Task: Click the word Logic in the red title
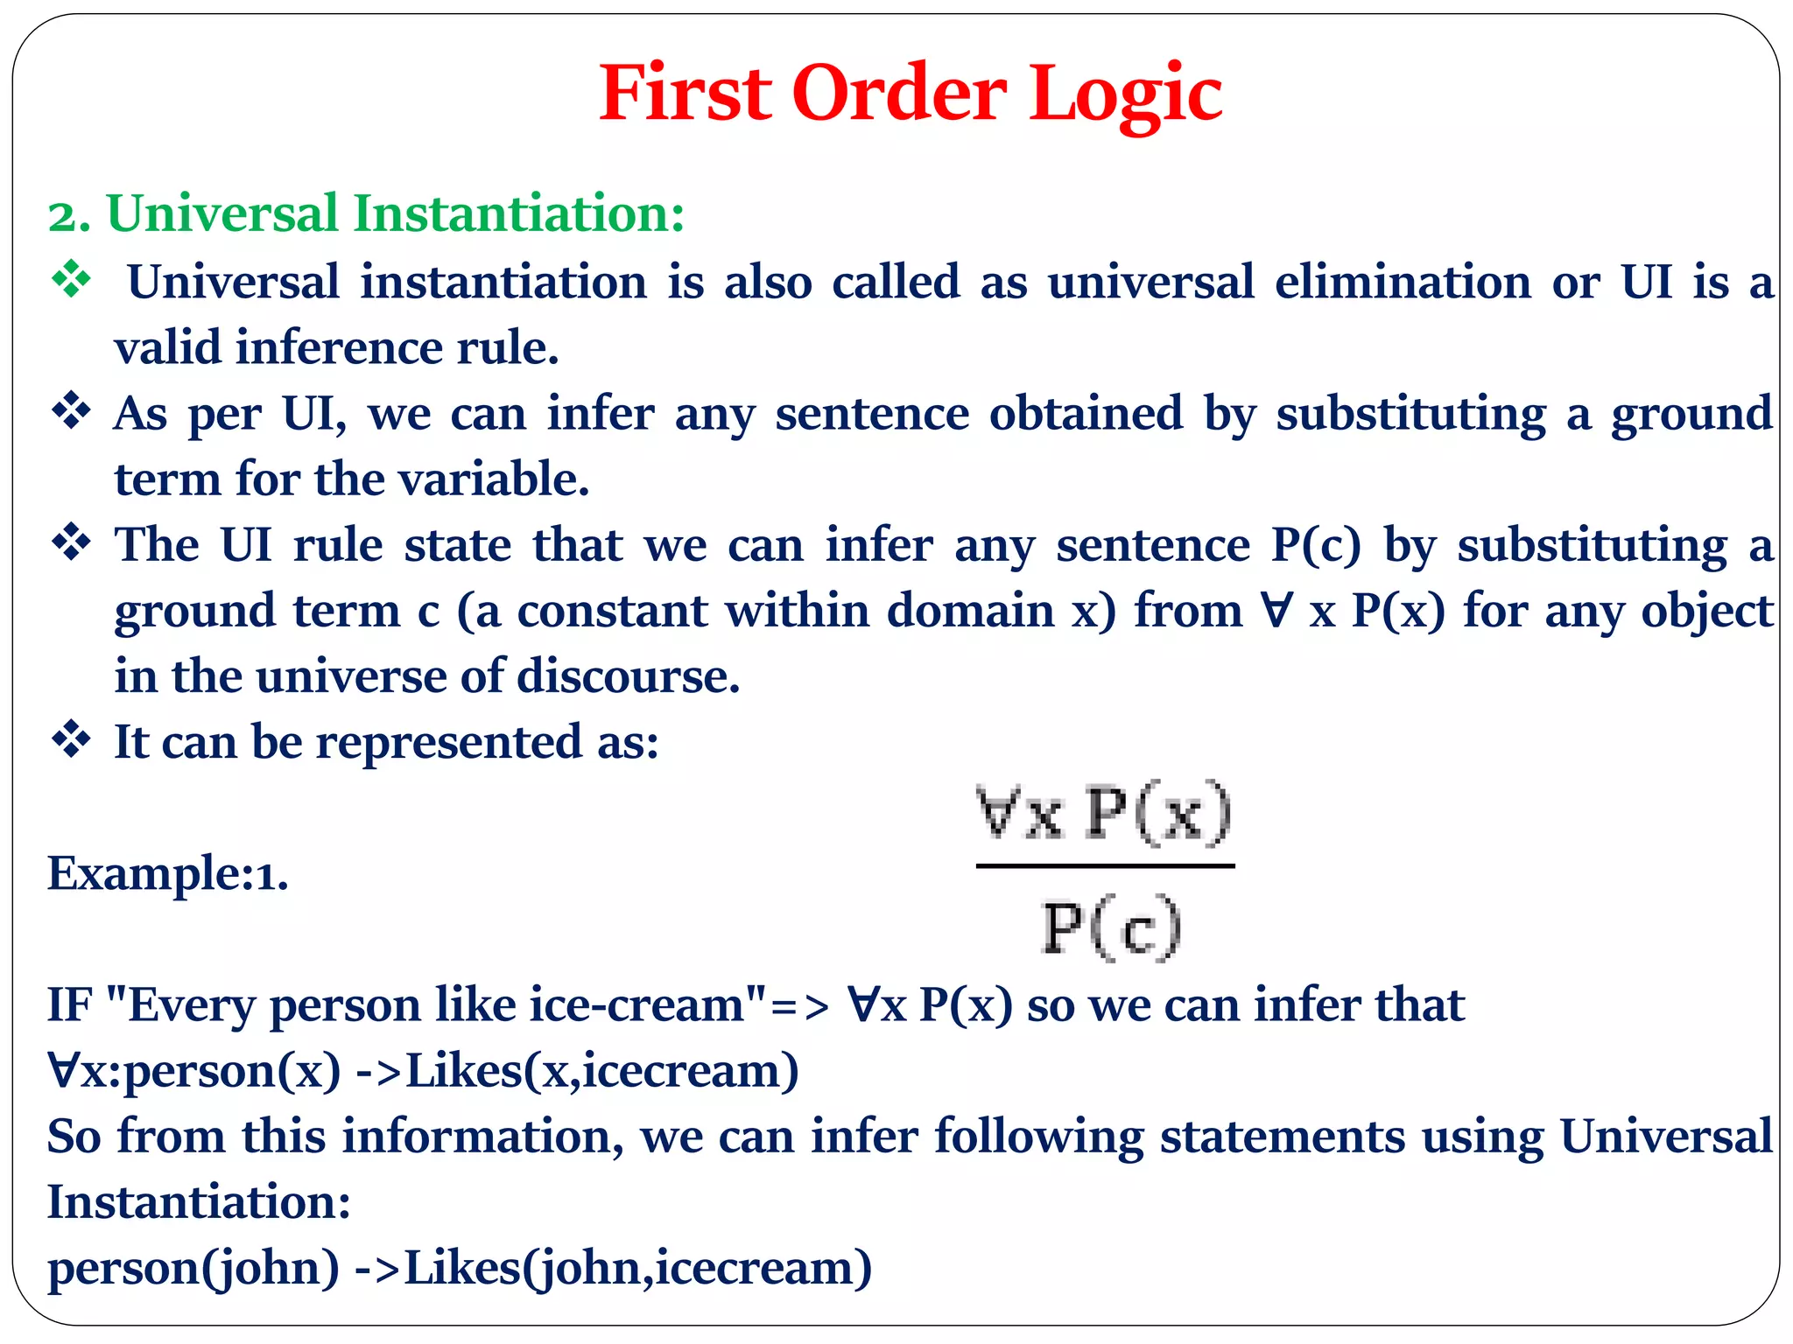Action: click(1125, 94)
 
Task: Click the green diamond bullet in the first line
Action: click(71, 280)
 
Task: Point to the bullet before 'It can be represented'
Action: click(71, 740)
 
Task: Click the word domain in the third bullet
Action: click(970, 611)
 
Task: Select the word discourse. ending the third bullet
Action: click(628, 676)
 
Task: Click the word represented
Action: click(448, 743)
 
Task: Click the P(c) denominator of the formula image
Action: click(1111, 927)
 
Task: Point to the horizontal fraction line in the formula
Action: click(1105, 866)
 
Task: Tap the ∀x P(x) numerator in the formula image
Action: click(1104, 814)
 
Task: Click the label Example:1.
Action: click(167, 873)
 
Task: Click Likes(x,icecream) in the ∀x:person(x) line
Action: click(602, 1071)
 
